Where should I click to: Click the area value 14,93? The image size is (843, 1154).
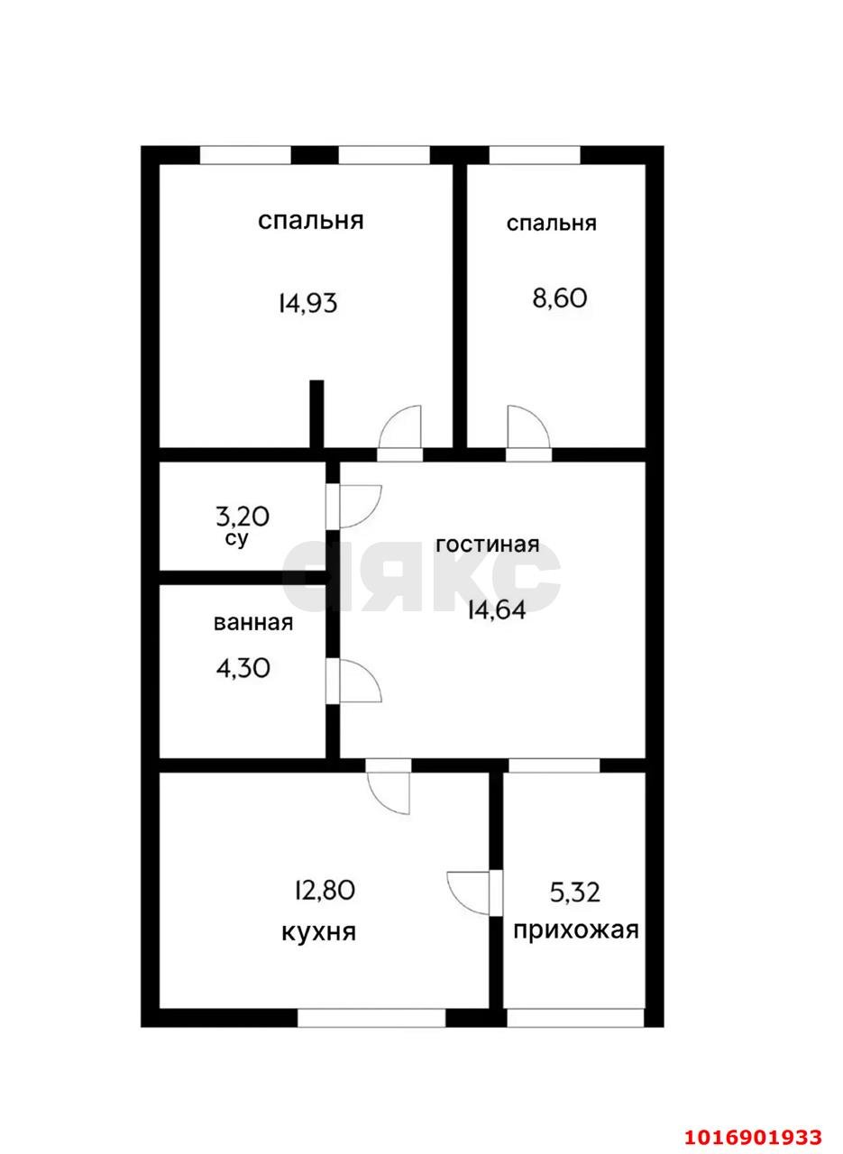click(x=307, y=303)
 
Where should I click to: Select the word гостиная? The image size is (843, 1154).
click(x=487, y=545)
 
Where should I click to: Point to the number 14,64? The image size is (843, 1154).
click(x=496, y=610)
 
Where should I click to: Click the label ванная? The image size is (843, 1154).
click(x=253, y=622)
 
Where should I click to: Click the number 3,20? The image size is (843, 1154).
click(x=243, y=517)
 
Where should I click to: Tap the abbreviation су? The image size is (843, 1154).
click(x=237, y=539)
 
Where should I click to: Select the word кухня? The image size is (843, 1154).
click(x=319, y=931)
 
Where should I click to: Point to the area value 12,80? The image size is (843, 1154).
click(x=325, y=891)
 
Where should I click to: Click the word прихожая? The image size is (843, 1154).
click(x=576, y=930)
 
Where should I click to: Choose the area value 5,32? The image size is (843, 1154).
click(x=575, y=893)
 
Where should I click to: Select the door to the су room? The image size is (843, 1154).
click(x=356, y=506)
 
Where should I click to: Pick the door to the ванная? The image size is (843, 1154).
click(x=356, y=681)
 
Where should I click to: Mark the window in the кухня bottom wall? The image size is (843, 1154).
click(x=371, y=1018)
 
